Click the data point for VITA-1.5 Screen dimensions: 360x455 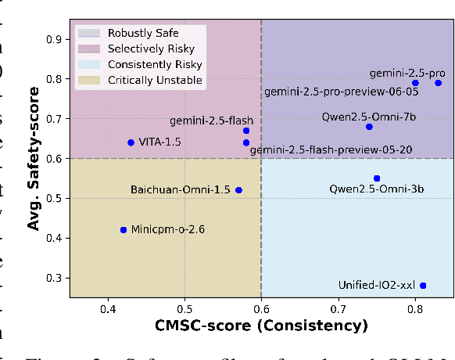131,142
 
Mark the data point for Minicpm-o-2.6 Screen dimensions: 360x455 123,230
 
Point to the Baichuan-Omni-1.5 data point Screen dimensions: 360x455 238,190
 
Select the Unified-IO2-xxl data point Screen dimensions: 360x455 423,286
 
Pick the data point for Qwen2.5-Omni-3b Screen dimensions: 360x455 377,178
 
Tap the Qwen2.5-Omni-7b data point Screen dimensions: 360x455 369,127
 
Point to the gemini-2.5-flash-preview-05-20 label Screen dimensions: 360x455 331,149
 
